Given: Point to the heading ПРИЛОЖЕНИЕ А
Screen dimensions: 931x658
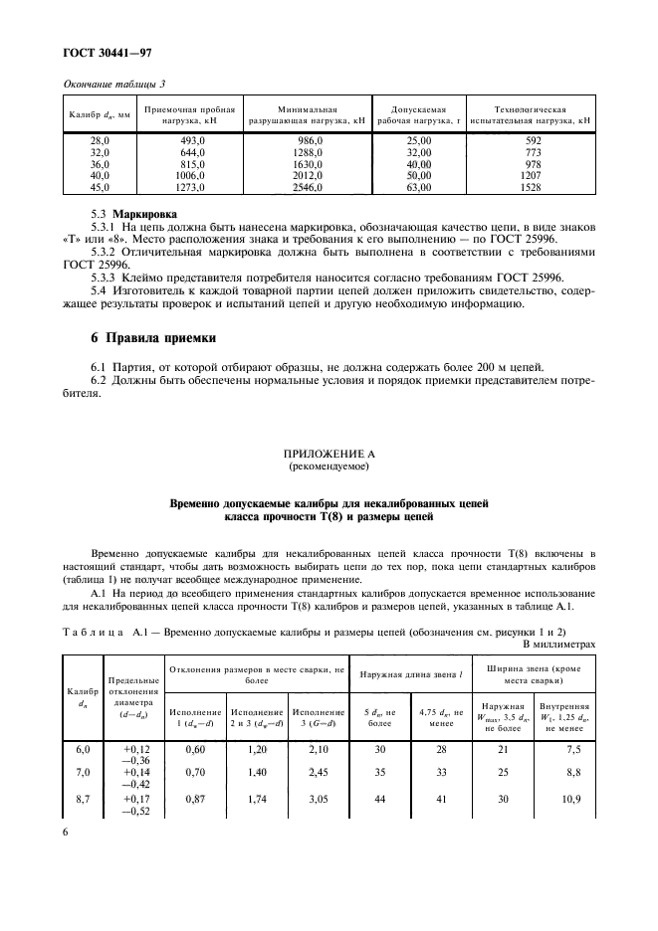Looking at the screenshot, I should click(x=329, y=454).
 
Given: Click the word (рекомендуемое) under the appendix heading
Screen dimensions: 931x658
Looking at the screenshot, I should click(x=329, y=465).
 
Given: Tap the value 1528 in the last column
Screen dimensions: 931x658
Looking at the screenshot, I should click(x=533, y=186).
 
